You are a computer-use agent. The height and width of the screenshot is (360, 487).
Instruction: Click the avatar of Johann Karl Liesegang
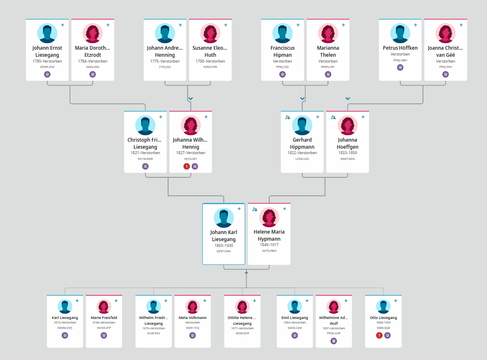click(x=224, y=218)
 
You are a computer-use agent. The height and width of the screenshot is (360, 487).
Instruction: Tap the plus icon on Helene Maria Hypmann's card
click(x=284, y=209)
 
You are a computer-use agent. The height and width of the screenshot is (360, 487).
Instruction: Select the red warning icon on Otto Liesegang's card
click(x=379, y=336)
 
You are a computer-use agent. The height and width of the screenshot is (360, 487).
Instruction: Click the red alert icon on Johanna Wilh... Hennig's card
click(x=187, y=167)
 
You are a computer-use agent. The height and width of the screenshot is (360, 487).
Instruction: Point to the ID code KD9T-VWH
click(x=224, y=251)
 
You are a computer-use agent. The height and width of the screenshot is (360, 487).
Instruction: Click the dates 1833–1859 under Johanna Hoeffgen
click(x=347, y=153)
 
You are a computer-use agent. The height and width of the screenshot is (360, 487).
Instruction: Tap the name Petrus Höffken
click(x=400, y=48)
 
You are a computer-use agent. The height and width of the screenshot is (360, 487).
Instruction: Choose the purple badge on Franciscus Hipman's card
click(x=282, y=74)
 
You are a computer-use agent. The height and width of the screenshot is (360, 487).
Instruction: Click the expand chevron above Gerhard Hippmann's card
click(x=302, y=99)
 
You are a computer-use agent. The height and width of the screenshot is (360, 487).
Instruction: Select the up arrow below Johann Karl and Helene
click(x=246, y=273)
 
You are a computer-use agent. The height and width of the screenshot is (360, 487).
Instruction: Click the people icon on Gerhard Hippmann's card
click(x=287, y=117)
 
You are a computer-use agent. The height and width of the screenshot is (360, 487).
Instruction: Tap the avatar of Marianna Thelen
click(x=328, y=33)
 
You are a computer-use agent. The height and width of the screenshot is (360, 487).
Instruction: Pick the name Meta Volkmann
click(x=193, y=318)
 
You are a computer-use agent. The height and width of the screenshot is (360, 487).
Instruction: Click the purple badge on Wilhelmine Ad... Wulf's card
click(x=334, y=341)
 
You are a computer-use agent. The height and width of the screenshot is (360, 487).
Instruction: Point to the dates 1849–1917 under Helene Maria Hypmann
click(x=269, y=245)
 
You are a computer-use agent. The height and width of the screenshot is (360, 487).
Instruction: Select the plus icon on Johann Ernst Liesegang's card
click(x=63, y=25)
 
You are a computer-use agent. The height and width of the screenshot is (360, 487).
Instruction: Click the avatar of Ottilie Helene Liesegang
click(x=242, y=307)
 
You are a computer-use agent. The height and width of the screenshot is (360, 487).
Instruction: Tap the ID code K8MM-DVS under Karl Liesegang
click(x=65, y=328)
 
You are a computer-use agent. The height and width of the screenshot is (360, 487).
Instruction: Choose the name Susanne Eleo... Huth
click(x=210, y=51)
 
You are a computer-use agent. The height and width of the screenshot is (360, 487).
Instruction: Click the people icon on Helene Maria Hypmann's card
click(x=255, y=209)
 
